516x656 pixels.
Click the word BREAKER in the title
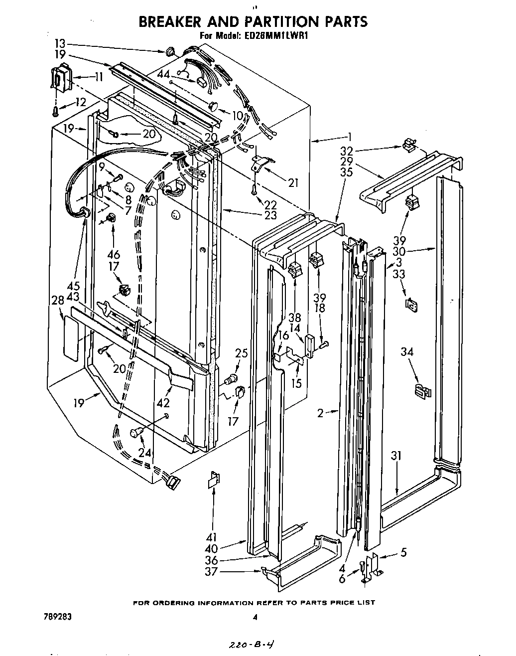[168, 21]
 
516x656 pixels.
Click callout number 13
[59, 44]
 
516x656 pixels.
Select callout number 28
[57, 300]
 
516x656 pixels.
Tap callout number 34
[407, 352]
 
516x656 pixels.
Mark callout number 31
[396, 455]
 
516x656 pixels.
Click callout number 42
[163, 403]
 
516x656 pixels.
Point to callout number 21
[293, 183]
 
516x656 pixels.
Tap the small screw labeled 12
[55, 111]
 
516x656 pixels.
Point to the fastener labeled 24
[135, 433]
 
